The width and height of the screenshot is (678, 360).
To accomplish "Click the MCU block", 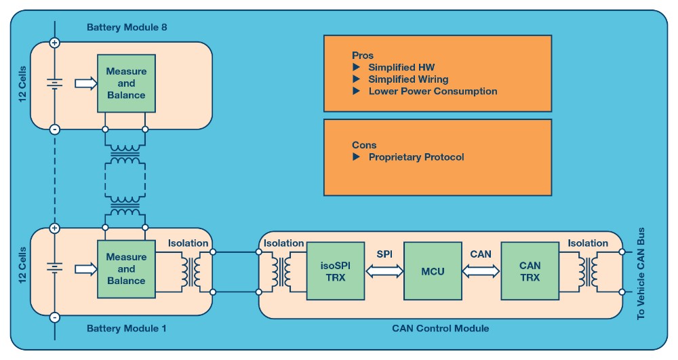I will tap(433, 271).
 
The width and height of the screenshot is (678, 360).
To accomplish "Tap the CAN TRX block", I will tap(530, 271).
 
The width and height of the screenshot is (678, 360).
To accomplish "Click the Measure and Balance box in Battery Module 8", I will tap(125, 83).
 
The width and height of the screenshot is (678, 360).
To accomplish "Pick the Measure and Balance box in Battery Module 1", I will tap(125, 269).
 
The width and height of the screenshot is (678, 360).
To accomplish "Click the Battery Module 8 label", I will tap(127, 28).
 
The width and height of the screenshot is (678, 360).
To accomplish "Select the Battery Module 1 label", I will tap(127, 329).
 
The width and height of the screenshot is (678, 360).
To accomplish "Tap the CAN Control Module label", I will tap(440, 329).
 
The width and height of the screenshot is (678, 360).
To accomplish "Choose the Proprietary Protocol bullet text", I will tap(416, 157).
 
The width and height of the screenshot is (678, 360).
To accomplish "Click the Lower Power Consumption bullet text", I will tap(433, 91).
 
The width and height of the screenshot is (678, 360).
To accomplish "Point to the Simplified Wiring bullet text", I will tap(408, 79).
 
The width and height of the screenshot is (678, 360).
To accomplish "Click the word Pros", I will tap(363, 56).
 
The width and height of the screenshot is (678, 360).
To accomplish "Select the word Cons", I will tap(364, 145).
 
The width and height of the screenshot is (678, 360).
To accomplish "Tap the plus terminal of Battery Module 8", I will tap(55, 43).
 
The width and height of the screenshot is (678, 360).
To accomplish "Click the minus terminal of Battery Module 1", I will tap(55, 317).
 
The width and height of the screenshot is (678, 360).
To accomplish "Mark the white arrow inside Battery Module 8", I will tap(85, 83).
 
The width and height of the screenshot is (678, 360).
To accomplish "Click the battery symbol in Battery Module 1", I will tap(55, 269).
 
